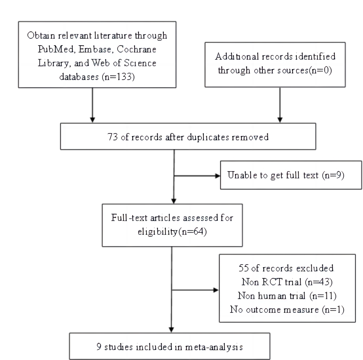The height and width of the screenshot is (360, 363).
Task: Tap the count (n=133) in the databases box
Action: [118, 77]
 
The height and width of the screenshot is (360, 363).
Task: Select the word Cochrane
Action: [136, 49]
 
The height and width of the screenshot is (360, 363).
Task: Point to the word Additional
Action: [237, 56]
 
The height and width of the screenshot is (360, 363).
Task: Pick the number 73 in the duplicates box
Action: [112, 137]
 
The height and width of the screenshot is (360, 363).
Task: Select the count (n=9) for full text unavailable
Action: [333, 175]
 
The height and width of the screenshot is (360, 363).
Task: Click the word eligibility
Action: [158, 231]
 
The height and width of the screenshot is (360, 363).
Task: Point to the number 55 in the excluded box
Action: [243, 268]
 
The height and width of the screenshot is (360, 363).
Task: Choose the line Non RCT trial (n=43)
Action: [287, 282]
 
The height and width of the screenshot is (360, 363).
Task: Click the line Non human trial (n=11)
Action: [287, 296]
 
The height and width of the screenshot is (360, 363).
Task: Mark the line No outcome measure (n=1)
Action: [287, 310]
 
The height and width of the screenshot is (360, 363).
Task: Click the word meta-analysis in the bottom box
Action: [214, 347]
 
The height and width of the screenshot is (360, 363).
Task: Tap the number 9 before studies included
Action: [99, 347]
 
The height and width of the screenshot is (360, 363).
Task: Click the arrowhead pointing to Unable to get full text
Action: [218, 176]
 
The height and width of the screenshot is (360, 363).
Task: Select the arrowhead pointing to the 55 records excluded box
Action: [216, 290]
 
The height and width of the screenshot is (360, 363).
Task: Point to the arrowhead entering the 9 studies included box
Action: [171, 330]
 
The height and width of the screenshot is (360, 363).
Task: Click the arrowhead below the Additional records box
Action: [280, 120]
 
